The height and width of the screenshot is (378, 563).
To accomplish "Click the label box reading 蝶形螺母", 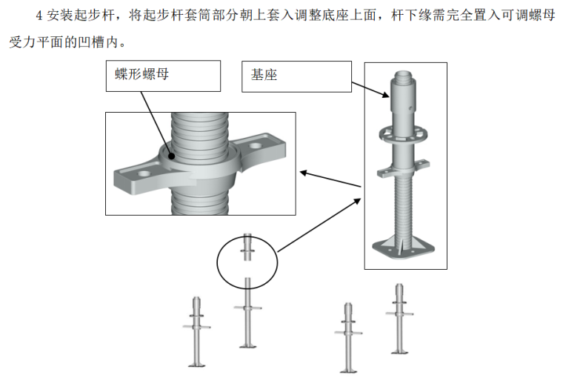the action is pos(163,76).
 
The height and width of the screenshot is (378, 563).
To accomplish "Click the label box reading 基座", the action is pos(296,76).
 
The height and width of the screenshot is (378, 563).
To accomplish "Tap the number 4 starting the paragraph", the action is pos(39,16).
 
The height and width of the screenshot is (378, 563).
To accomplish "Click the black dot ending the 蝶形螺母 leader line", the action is pos(172,156).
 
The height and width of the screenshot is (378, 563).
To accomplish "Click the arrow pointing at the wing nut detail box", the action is pos(330,179).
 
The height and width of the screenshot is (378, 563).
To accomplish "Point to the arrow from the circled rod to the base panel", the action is pos(319,225).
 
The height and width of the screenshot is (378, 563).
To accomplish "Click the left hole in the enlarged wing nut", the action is pos(144,173).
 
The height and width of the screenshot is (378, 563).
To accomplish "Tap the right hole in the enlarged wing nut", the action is pos(256,146).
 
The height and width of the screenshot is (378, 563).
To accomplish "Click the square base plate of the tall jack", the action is pos(403,248).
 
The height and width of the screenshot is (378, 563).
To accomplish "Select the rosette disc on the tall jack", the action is pos(404,134).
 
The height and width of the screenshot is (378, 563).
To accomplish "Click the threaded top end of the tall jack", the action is pos(404,75).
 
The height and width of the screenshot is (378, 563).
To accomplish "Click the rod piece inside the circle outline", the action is pos(247,248).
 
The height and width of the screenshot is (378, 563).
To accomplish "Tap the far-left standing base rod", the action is pos(196,331).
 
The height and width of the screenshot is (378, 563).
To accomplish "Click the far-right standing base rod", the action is pos(399,319).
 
